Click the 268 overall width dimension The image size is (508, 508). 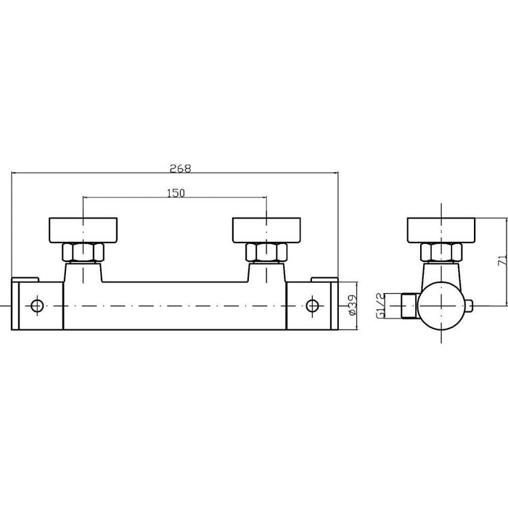181,168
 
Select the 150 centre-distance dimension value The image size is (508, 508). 176,193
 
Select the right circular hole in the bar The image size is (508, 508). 313,305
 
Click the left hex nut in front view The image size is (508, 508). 83,253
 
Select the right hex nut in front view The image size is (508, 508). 266,253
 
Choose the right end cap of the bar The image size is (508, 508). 311,305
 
